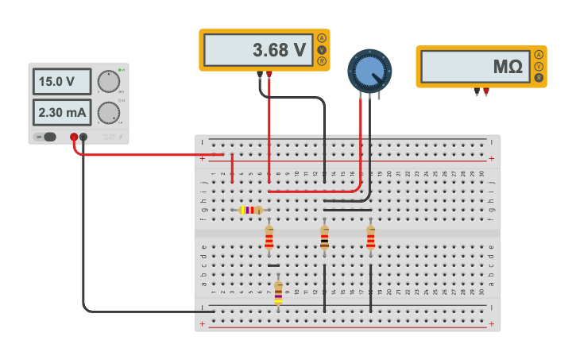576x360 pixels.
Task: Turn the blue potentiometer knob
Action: click(x=369, y=72)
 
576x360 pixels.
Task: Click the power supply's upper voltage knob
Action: click(x=108, y=82)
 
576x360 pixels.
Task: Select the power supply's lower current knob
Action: click(x=108, y=113)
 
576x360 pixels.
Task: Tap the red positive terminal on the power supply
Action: click(x=74, y=137)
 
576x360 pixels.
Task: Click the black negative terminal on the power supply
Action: click(x=83, y=137)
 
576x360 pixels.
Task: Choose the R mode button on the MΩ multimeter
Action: click(x=539, y=78)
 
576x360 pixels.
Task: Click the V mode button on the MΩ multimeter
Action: click(x=539, y=66)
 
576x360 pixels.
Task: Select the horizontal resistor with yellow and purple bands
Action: click(x=251, y=210)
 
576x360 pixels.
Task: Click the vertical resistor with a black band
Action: click(x=324, y=238)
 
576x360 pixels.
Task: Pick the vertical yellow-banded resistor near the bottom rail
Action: click(x=278, y=292)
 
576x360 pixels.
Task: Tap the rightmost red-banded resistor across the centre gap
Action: click(x=370, y=238)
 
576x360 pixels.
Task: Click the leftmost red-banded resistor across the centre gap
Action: click(x=269, y=238)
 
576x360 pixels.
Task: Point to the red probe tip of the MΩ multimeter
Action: click(x=486, y=92)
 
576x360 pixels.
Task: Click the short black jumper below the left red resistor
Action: click(x=273, y=265)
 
